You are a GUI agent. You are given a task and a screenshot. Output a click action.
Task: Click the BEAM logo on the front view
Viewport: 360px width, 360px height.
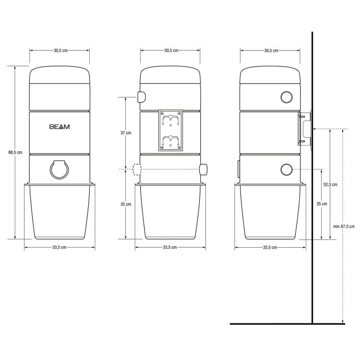click(60, 127)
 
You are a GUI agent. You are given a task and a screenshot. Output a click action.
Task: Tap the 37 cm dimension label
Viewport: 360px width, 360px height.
click(125, 133)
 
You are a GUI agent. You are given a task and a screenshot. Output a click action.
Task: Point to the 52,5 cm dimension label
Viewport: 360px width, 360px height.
click(331, 184)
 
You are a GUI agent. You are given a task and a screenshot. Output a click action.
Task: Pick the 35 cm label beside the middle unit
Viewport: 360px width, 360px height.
click(125, 204)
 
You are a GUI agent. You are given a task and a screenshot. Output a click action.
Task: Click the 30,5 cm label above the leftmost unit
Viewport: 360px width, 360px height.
click(60, 50)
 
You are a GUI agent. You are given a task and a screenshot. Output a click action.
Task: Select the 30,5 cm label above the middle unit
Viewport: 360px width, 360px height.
click(170, 50)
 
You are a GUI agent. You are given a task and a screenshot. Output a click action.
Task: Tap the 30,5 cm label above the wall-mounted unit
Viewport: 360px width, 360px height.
click(270, 50)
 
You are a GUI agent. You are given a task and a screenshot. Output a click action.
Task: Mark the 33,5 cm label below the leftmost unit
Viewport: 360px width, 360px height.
click(60, 248)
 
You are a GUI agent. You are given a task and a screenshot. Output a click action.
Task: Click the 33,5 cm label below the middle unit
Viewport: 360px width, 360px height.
click(170, 248)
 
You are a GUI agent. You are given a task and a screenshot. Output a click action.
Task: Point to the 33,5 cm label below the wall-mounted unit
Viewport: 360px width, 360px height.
click(270, 248)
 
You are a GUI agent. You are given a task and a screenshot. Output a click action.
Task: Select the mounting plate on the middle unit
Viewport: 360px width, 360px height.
click(170, 130)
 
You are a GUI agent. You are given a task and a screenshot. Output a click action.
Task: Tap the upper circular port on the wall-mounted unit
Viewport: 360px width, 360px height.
click(287, 97)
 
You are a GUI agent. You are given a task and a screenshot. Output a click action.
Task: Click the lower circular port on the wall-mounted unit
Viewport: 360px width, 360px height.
click(287, 169)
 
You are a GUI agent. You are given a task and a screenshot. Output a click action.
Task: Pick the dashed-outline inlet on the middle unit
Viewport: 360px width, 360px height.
click(137, 169)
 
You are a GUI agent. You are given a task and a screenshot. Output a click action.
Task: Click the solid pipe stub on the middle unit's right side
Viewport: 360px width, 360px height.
click(204, 169)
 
